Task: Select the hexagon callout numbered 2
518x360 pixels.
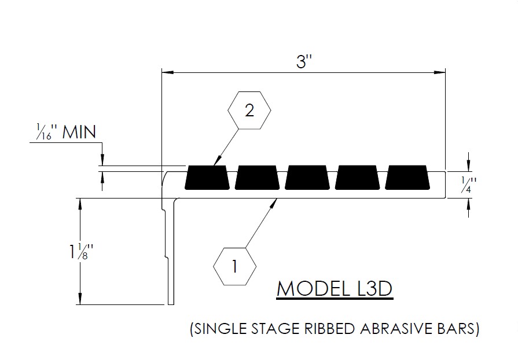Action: [x=249, y=111]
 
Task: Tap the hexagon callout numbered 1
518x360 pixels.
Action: [x=234, y=267]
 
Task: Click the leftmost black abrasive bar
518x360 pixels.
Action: [x=207, y=178]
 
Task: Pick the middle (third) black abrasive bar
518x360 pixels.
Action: [x=308, y=178]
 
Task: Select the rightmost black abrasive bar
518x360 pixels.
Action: [x=409, y=178]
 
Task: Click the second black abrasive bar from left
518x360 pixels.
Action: [x=258, y=178]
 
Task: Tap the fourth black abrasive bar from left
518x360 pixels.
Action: [x=358, y=178]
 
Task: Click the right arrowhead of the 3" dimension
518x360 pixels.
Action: [x=442, y=73]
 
